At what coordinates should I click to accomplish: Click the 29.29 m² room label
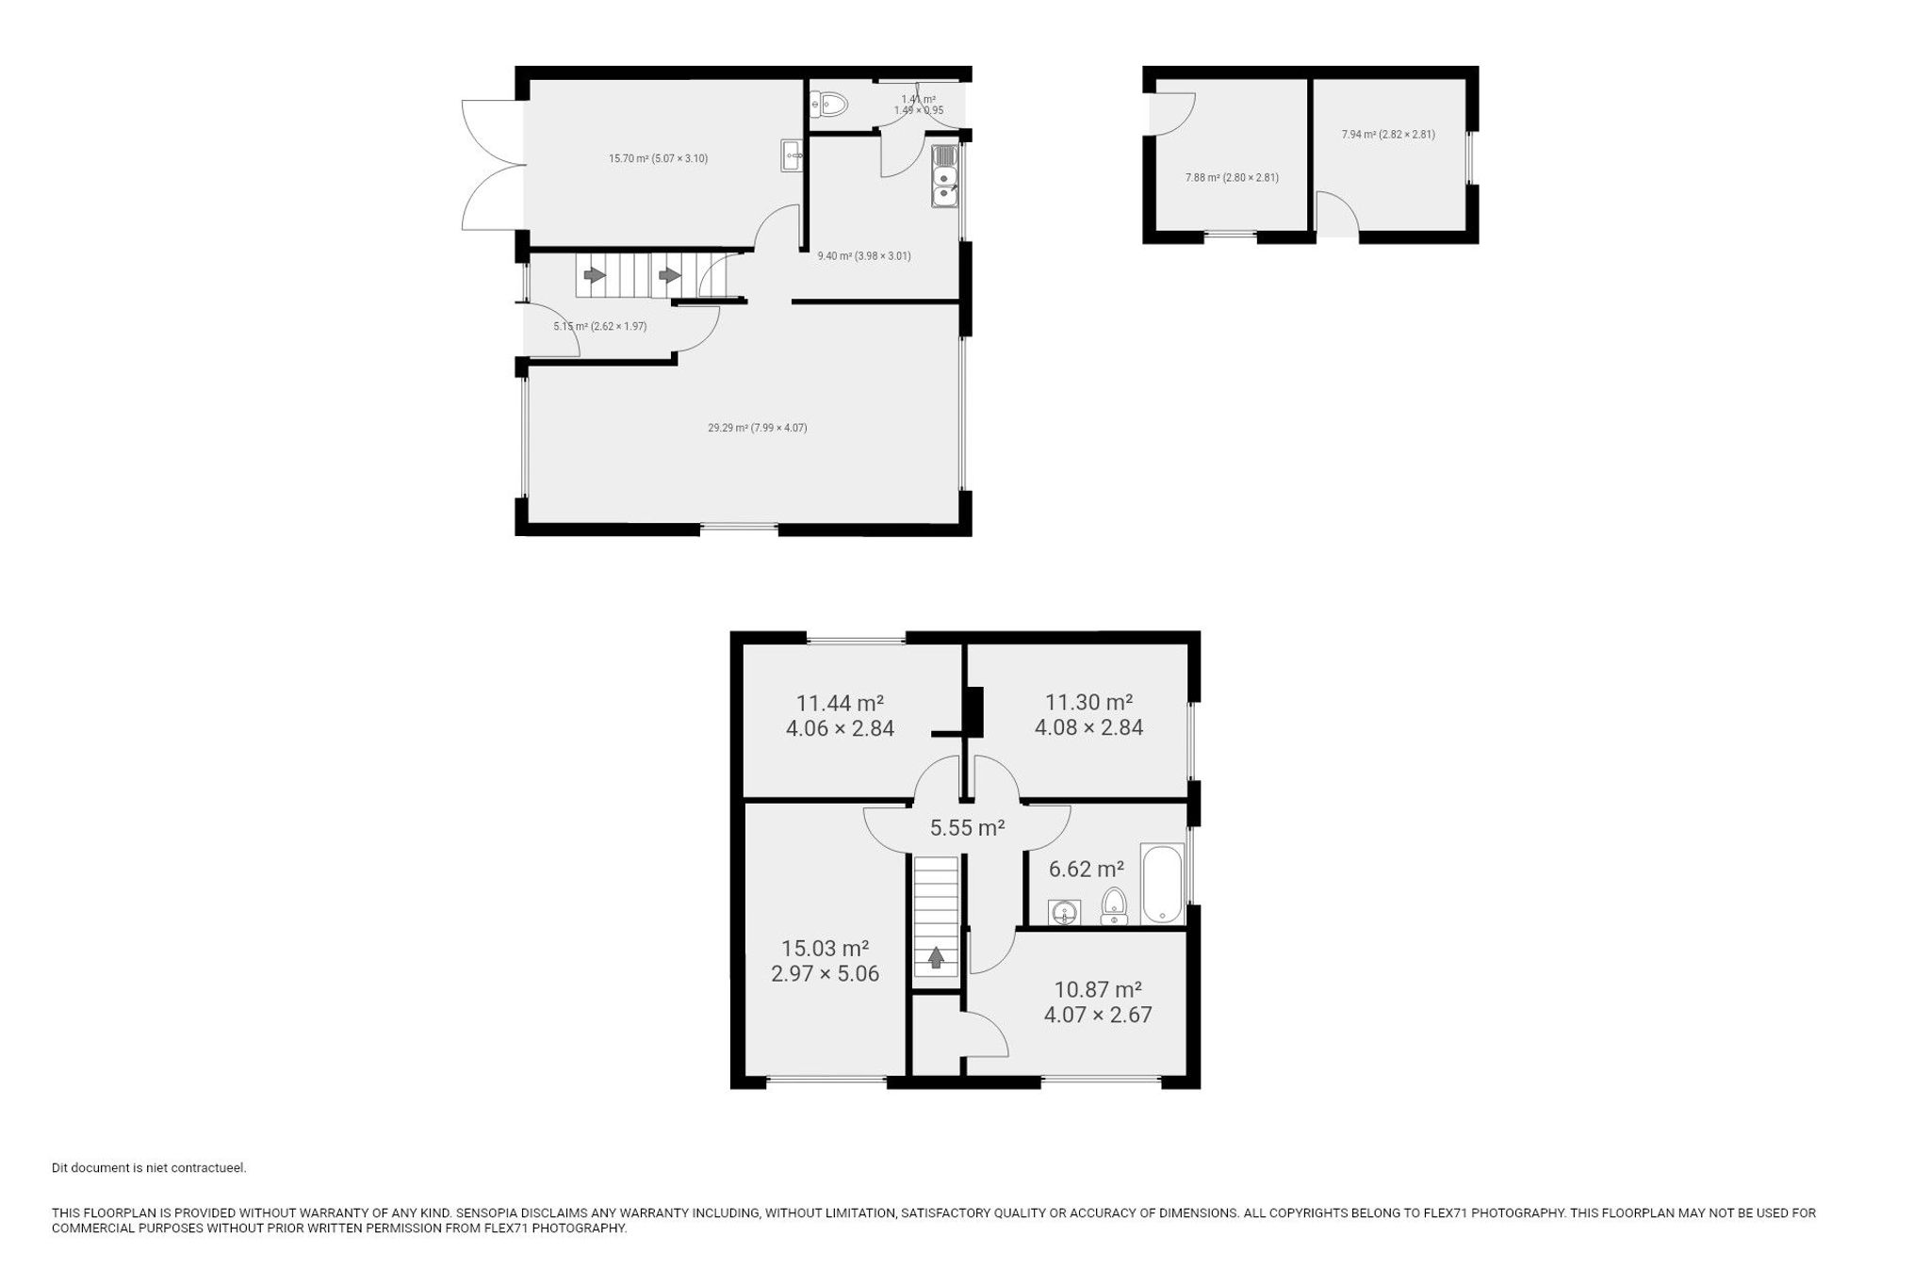click(757, 428)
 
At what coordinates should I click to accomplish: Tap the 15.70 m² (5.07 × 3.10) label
click(658, 158)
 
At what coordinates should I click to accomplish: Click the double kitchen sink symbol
click(944, 176)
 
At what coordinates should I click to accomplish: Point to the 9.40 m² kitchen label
click(863, 255)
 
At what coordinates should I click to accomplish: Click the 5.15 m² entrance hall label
click(599, 326)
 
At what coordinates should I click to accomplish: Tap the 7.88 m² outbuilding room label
click(1231, 177)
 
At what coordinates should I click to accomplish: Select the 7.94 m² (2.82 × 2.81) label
click(1387, 134)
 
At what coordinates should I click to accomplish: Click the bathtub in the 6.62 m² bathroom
click(1162, 884)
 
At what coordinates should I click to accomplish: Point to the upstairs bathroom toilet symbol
click(1115, 905)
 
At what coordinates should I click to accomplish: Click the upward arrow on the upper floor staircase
click(936, 957)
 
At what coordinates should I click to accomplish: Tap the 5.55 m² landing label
click(967, 828)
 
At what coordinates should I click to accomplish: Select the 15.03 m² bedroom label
click(825, 961)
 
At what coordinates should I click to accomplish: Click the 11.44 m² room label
click(840, 715)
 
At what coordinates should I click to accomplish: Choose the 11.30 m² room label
click(1088, 714)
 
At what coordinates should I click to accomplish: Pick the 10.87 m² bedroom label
click(1098, 1001)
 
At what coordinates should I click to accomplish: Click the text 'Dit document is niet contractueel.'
click(149, 1168)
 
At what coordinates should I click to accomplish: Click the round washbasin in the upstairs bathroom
click(1064, 912)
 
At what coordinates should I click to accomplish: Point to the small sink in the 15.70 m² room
click(792, 155)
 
